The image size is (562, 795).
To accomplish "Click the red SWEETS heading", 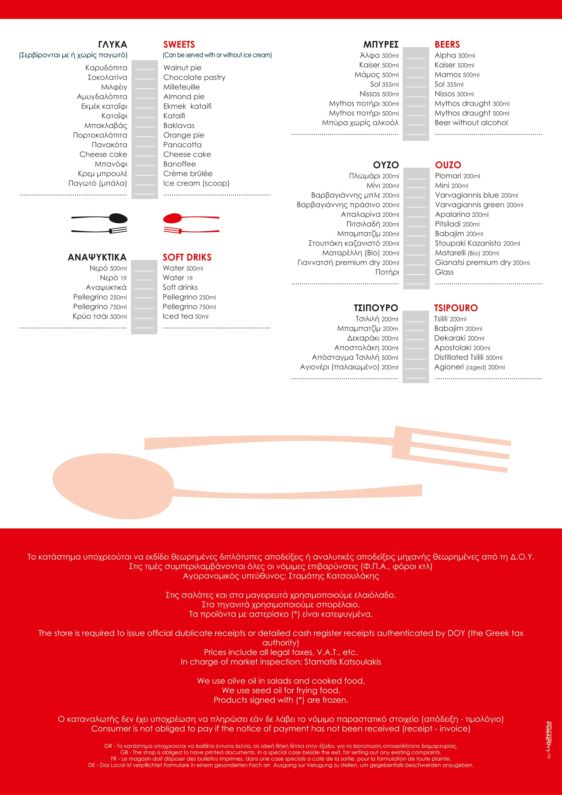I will point(179,45).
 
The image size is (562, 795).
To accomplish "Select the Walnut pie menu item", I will point(182,68).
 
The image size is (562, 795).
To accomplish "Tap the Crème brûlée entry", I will point(188,174).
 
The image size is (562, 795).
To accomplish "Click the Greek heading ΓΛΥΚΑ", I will point(112,45).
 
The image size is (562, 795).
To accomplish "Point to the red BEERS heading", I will point(447,45).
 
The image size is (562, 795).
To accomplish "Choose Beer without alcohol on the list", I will point(471,123).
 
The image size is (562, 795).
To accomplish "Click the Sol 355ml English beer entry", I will point(449,85).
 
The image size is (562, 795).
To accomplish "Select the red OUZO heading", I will point(448,165).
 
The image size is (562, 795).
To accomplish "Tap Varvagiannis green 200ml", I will point(479,205).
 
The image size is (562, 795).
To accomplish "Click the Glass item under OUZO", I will point(444,272).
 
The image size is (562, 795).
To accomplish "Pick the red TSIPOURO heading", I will point(456,308).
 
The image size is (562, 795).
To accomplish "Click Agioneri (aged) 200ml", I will point(469,367).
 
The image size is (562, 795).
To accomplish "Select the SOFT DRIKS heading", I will point(187,258).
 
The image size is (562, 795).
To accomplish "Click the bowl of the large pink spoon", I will point(112,486).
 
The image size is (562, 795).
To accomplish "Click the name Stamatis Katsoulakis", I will point(343,662).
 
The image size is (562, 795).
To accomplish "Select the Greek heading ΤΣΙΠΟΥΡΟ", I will point(376,308).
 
